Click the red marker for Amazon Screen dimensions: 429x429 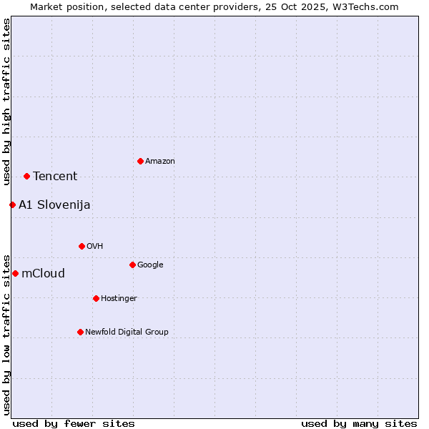coord(140,161)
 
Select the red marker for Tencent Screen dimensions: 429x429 coord(26,176)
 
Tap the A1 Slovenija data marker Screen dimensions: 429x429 coord(12,205)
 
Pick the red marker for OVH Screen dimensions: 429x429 coord(82,246)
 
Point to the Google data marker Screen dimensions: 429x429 coord(132,265)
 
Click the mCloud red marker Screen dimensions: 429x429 coord(15,273)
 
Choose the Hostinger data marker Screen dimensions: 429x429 coord(96,298)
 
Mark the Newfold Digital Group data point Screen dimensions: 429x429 coord(80,332)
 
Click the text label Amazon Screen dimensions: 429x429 coord(160,162)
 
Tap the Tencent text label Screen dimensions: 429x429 coord(55,177)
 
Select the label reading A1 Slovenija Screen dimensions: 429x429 coord(54,205)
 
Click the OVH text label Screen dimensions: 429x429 coord(95,247)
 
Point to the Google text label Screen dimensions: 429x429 coord(150,265)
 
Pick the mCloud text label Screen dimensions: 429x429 coord(43,274)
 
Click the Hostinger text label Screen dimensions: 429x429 coord(119,299)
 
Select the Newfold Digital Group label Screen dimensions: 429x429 coord(127,332)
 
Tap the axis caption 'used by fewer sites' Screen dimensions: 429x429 coord(74,423)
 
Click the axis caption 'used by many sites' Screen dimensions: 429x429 coord(359,423)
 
